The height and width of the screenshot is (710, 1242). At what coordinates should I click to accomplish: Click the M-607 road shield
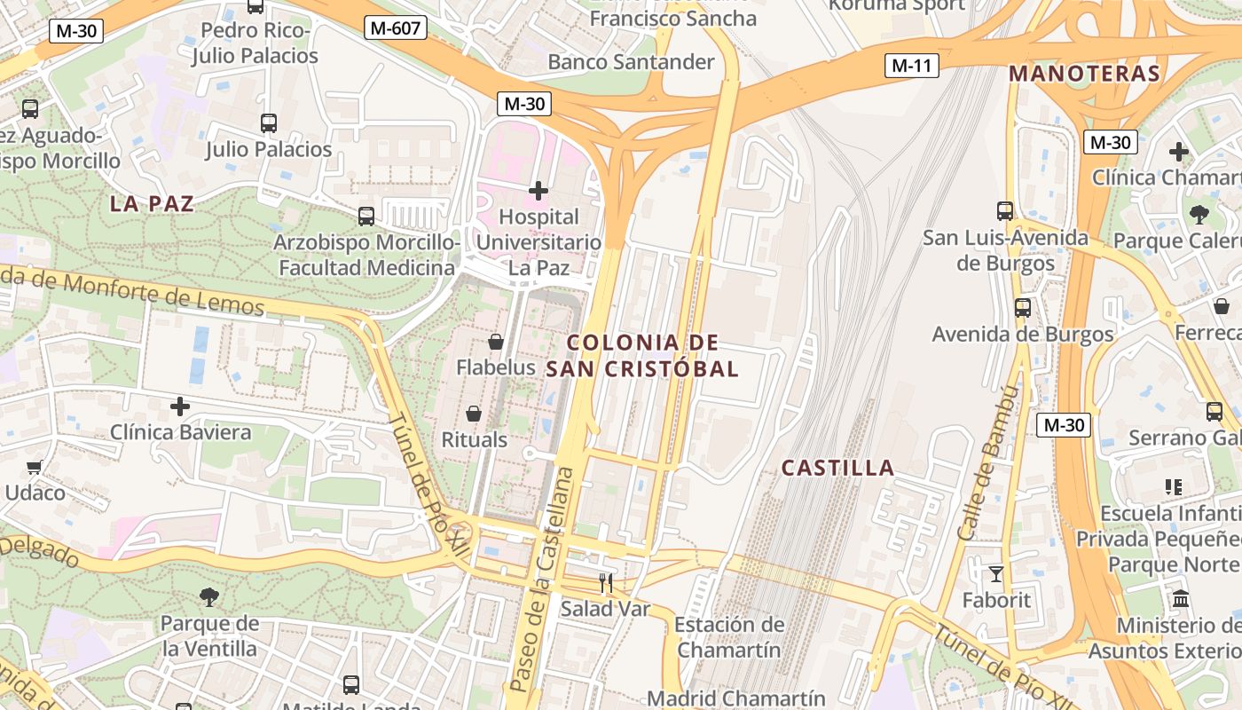click(x=395, y=28)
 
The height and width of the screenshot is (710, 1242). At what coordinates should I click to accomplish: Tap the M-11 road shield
click(x=911, y=65)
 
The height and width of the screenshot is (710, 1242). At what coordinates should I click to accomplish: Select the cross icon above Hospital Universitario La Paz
click(x=538, y=191)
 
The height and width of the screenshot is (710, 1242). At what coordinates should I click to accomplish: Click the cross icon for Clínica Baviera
click(x=180, y=407)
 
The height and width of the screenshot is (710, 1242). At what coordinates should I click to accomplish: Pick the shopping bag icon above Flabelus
click(x=496, y=342)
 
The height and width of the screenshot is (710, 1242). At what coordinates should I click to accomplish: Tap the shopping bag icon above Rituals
click(x=474, y=414)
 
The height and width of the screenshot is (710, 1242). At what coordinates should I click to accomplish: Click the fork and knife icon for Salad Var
click(x=606, y=583)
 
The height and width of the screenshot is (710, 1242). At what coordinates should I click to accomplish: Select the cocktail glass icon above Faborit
click(x=996, y=574)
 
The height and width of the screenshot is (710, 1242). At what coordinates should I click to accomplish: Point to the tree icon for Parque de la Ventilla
click(x=209, y=597)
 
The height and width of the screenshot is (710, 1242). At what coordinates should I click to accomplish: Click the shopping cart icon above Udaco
click(x=35, y=467)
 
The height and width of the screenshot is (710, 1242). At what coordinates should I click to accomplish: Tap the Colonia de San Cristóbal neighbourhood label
click(x=642, y=356)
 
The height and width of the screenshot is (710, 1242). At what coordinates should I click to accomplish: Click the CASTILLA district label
click(x=837, y=469)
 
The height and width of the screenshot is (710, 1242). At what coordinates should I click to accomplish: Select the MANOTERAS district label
click(x=1084, y=74)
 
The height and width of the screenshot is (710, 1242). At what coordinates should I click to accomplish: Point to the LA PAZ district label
click(x=152, y=203)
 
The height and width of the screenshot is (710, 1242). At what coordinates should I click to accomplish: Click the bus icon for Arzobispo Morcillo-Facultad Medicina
click(x=366, y=216)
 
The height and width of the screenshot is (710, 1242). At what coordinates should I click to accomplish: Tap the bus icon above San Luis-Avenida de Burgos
click(x=1005, y=211)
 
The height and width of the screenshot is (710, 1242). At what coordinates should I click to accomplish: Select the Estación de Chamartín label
click(x=729, y=636)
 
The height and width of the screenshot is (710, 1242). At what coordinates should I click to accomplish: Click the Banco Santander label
click(x=631, y=62)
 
